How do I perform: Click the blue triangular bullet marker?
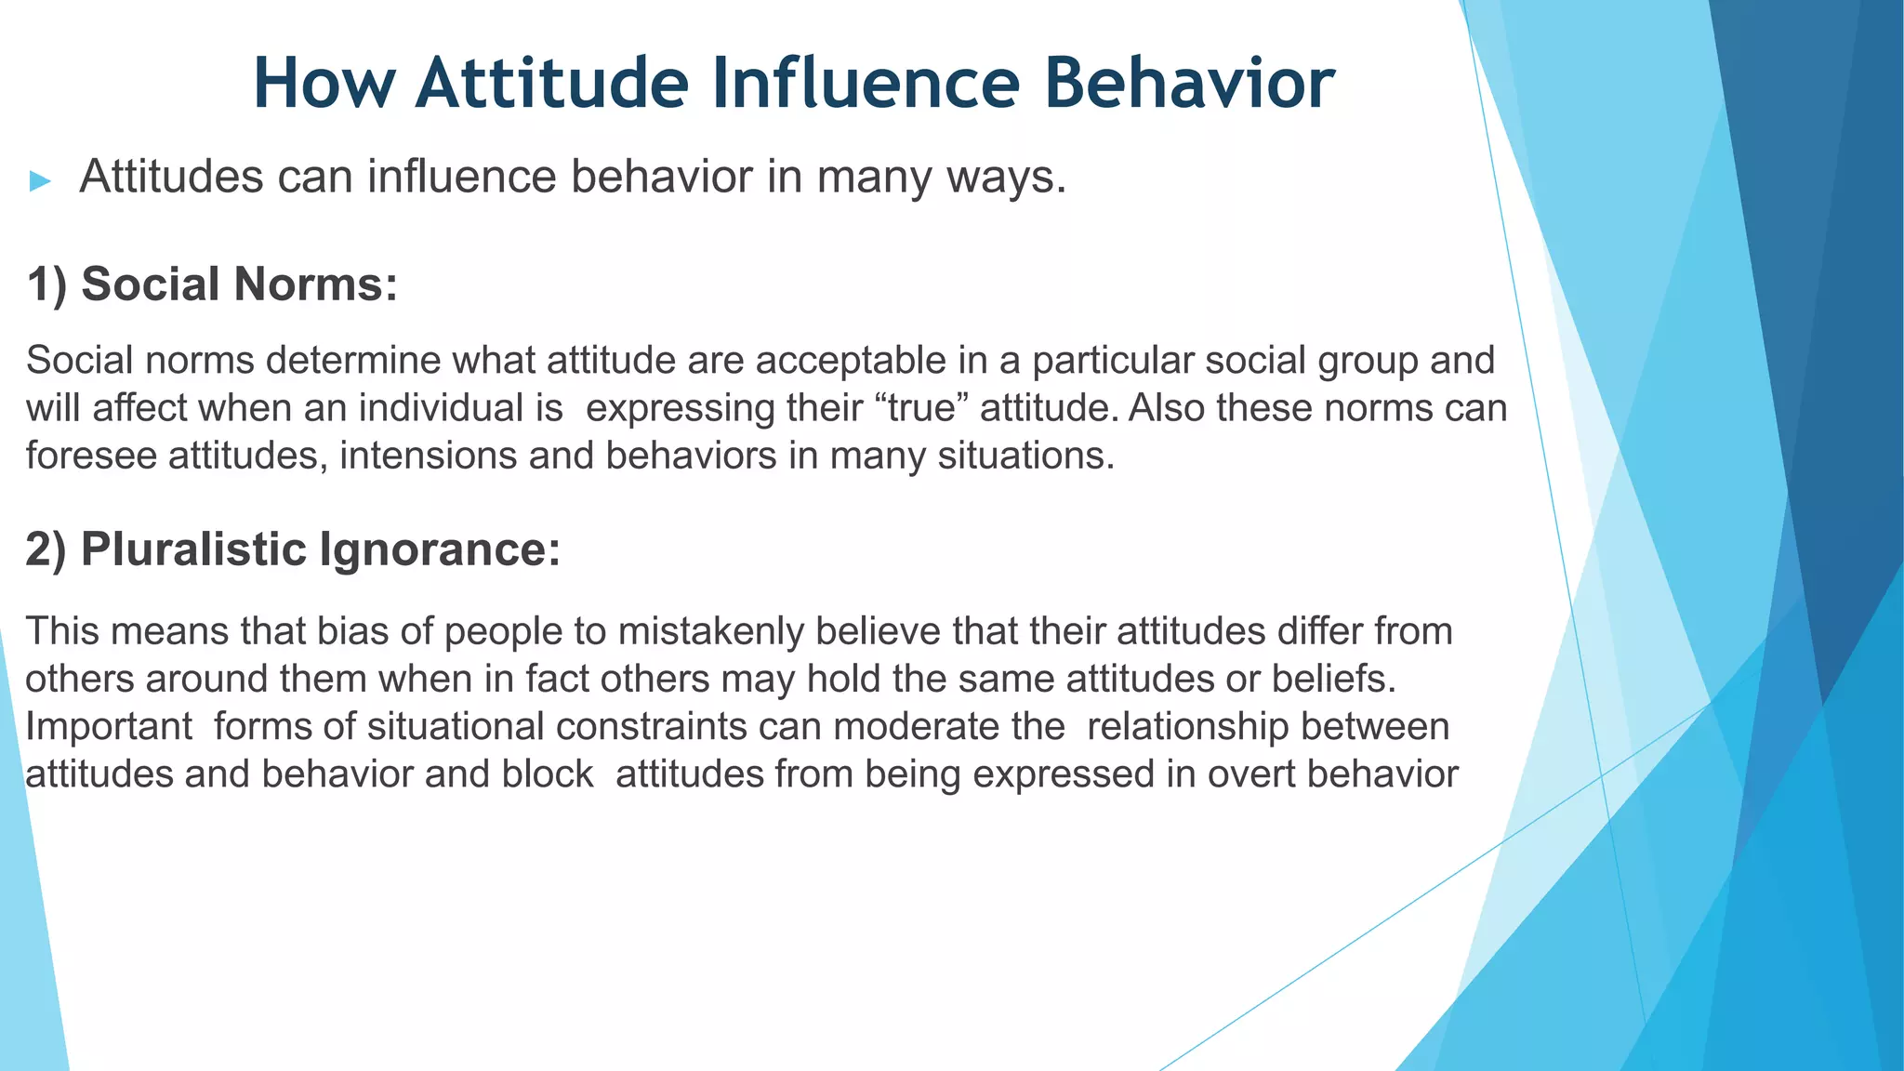click(x=39, y=180)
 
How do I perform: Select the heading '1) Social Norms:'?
click(x=212, y=284)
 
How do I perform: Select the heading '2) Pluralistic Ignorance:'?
click(x=293, y=549)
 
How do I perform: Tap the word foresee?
click(x=90, y=456)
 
